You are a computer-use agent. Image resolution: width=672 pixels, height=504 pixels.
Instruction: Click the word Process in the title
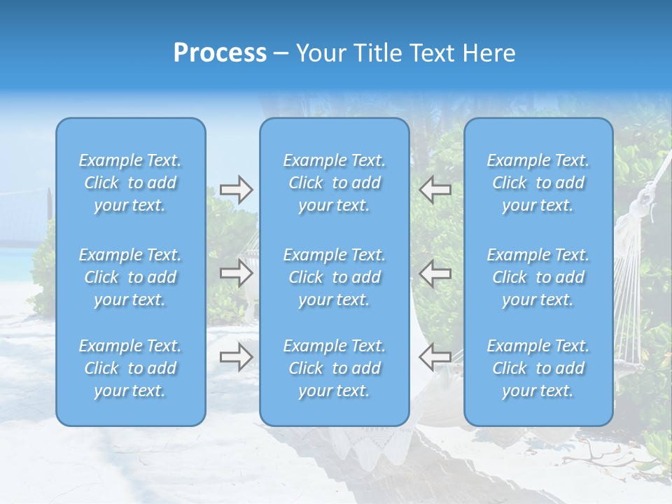[x=220, y=53]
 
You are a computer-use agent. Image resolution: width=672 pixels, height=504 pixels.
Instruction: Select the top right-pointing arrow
[x=236, y=189]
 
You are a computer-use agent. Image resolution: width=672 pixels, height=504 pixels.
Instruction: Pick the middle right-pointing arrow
[x=236, y=273]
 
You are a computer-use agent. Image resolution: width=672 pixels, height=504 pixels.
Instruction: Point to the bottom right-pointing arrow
[x=236, y=357]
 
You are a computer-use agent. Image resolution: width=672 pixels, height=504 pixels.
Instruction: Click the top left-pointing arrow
[x=435, y=189]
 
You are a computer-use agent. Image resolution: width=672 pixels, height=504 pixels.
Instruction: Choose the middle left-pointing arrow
[x=435, y=273]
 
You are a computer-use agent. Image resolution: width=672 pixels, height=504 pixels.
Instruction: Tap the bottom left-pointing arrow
[x=435, y=357]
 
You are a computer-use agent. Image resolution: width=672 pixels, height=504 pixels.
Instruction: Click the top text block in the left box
[x=130, y=183]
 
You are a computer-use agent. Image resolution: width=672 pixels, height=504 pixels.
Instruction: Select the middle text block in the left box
[x=130, y=277]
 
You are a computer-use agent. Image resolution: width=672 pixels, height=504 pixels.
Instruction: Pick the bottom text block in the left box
[x=130, y=368]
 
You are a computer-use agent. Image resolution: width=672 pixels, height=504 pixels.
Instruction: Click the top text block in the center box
[x=335, y=183]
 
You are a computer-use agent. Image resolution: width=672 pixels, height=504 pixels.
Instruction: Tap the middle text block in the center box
[x=335, y=277]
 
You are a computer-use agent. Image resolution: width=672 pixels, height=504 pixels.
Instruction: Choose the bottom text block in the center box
[x=335, y=368]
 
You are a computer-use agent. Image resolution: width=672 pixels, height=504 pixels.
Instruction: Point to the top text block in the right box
[x=538, y=183]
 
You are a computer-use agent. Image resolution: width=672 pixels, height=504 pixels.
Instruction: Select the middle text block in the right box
[x=538, y=277]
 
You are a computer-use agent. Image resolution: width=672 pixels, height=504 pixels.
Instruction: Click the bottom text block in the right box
[x=538, y=368]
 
